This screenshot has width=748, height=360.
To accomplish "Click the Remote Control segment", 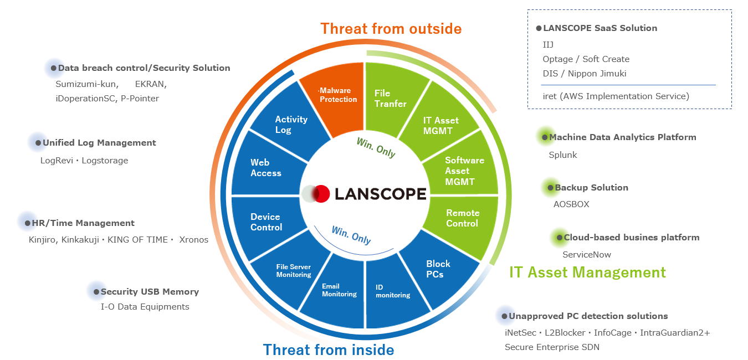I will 463,218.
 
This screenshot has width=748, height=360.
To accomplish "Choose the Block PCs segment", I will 438,269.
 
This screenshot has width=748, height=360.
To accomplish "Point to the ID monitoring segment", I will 392,291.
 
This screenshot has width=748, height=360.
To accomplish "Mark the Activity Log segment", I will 291,125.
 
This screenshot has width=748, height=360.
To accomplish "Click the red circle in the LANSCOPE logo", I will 321,194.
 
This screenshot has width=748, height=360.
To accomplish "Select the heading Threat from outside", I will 391,28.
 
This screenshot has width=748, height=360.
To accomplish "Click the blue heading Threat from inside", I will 329,349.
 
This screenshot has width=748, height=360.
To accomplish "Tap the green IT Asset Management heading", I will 587,272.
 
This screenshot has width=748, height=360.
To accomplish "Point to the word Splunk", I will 562,155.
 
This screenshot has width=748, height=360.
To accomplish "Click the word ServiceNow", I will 587,255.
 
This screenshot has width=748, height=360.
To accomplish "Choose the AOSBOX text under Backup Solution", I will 571,204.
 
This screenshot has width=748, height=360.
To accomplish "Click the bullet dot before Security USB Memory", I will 96,291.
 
